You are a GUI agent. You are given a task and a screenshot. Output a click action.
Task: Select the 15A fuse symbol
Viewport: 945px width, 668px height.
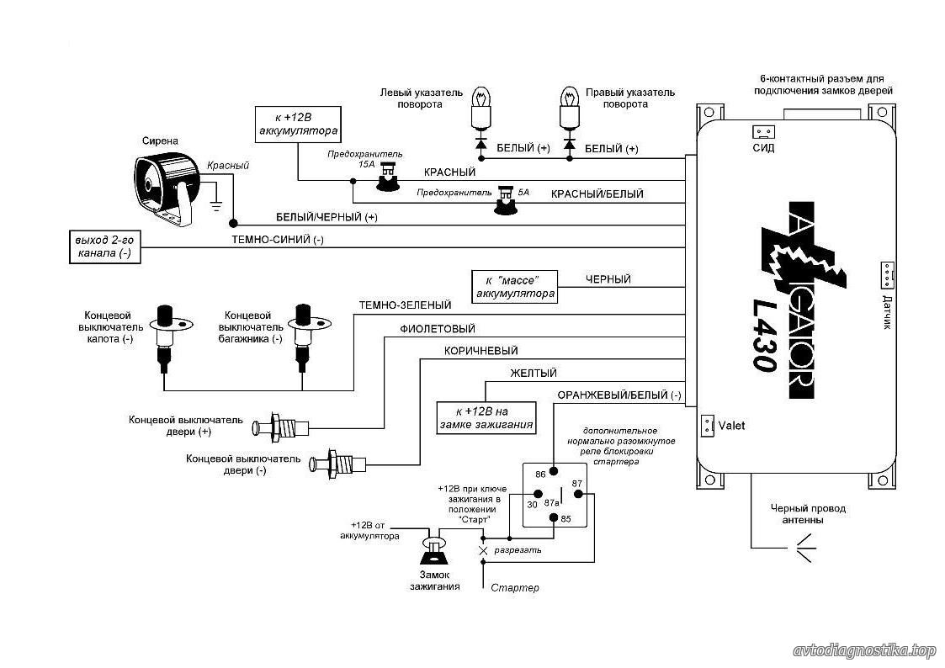click(387, 179)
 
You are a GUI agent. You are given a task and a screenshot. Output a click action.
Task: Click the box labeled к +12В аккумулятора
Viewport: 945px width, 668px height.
click(299, 125)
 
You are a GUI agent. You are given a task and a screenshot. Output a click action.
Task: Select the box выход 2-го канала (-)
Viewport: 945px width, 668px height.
click(105, 247)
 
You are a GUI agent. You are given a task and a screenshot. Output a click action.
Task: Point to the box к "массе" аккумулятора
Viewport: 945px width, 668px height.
click(515, 287)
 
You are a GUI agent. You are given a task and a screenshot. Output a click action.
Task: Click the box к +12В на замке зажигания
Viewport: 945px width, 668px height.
click(486, 418)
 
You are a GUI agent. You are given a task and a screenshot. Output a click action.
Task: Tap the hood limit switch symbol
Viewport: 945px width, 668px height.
click(163, 337)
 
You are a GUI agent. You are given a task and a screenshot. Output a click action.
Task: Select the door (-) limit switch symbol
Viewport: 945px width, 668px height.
click(337, 464)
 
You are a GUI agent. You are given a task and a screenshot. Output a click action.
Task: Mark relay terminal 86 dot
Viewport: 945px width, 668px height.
click(553, 472)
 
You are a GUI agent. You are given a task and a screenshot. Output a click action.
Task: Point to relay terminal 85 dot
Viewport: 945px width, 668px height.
click(553, 517)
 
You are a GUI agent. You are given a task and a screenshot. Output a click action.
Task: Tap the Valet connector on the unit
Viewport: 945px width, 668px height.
click(707, 425)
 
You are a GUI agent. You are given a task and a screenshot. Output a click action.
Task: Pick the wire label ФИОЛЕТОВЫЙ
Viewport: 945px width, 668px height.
click(438, 329)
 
